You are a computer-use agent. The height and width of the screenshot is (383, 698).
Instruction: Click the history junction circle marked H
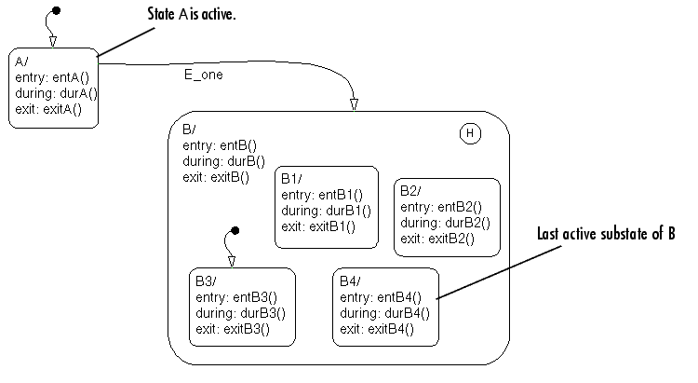pyautogui.click(x=470, y=133)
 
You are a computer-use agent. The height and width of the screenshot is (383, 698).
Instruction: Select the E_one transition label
pyautogui.click(x=203, y=73)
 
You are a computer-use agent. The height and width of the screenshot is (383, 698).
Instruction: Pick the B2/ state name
pyautogui.click(x=412, y=191)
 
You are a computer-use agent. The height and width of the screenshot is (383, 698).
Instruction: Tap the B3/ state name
pyautogui.click(x=207, y=280)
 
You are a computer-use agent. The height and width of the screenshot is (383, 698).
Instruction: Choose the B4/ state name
pyautogui.click(x=351, y=280)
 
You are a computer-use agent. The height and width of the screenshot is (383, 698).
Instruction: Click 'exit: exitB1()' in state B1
pyautogui.click(x=318, y=226)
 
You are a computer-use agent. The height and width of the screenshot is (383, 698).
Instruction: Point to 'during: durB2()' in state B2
pyautogui.click(x=443, y=223)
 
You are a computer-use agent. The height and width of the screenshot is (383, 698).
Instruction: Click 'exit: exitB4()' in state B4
pyautogui.click(x=377, y=328)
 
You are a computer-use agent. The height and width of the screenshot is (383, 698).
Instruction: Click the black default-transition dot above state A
pyautogui.click(x=56, y=11)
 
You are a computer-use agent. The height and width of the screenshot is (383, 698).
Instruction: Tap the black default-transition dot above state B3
pyautogui.click(x=235, y=230)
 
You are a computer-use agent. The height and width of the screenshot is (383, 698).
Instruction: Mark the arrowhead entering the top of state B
pyautogui.click(x=354, y=103)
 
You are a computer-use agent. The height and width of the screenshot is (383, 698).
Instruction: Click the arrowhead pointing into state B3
pyautogui.click(x=231, y=261)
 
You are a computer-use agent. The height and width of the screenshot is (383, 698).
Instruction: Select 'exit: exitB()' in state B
pyautogui.click(x=216, y=175)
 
